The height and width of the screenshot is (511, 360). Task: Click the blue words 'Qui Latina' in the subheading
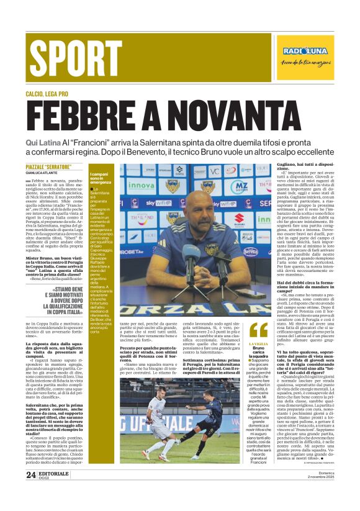(x=44, y=143)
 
